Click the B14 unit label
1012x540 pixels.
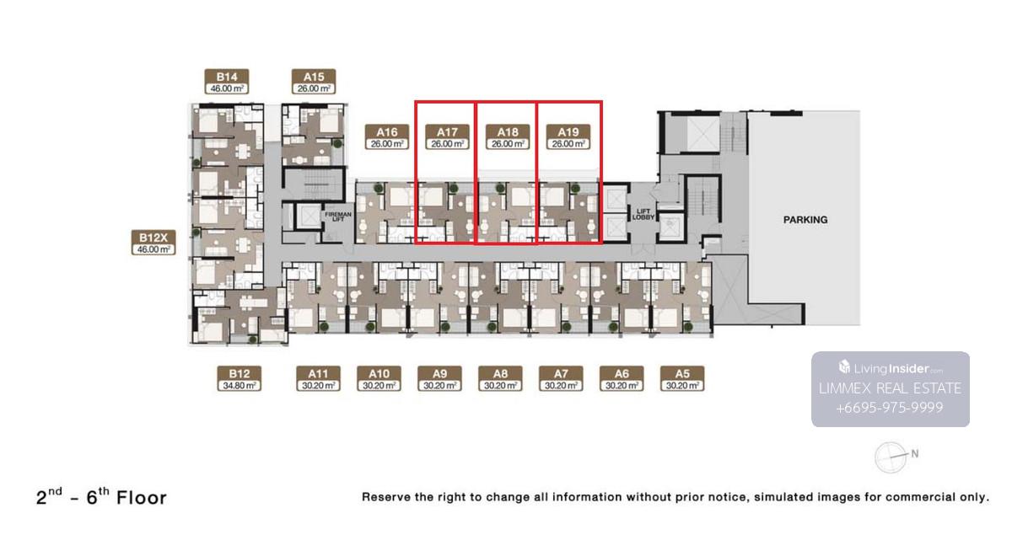coord(226,82)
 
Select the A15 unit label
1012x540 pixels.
coord(314,82)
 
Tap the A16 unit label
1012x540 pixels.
coord(387,137)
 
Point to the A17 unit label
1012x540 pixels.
coord(447,137)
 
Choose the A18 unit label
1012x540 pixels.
coord(508,137)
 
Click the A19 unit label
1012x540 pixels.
coord(568,137)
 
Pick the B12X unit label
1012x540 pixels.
coord(153,243)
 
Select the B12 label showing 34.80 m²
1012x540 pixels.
coord(239,378)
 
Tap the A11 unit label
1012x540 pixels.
coord(319,378)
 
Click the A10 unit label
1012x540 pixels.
coord(379,378)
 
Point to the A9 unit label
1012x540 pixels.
coord(439,378)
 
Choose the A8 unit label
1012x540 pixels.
coord(500,378)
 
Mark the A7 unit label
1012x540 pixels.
coord(561,378)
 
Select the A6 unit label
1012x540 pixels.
coord(622,378)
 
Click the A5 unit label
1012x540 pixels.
coord(682,378)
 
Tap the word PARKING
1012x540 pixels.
coord(805,220)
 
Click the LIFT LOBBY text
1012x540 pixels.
coord(643,214)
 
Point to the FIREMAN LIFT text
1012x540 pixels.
coord(338,217)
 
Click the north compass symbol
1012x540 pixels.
coord(891,457)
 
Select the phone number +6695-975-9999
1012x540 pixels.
coord(890,408)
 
